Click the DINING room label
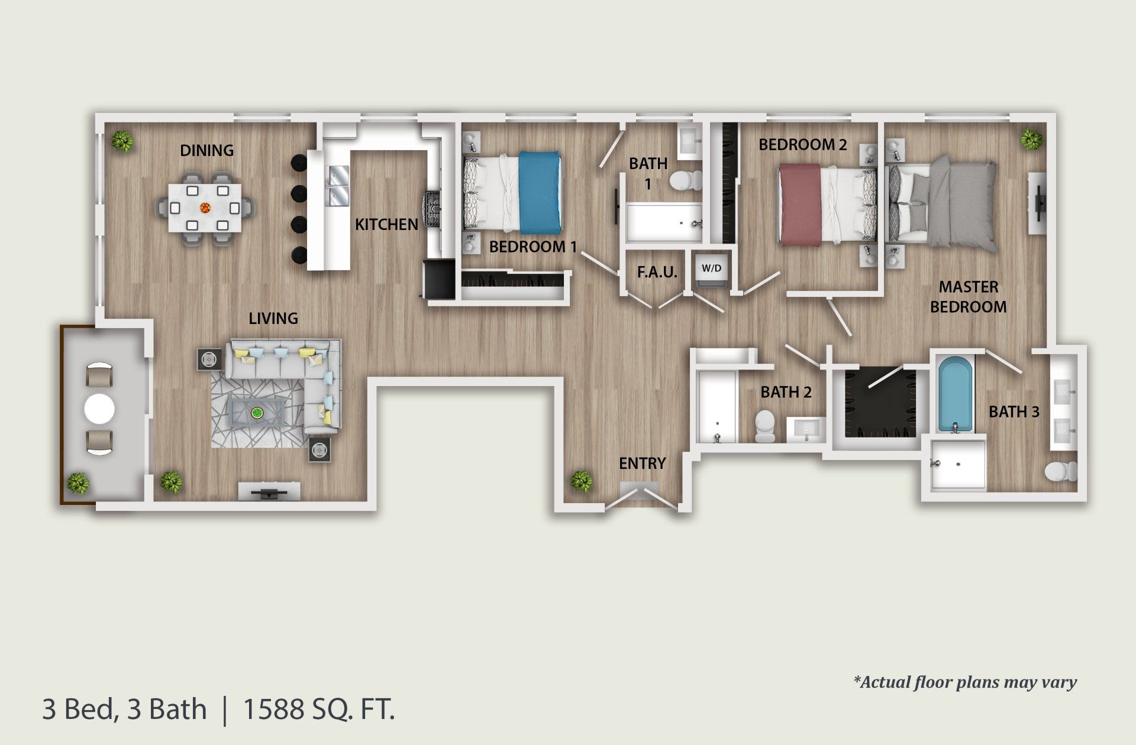[206, 150]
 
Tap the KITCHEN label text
[386, 224]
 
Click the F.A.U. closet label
[657, 272]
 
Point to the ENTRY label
[642, 463]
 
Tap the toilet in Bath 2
[765, 426]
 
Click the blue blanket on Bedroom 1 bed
[539, 192]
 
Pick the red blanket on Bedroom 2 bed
[799, 204]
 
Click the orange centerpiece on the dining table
[205, 208]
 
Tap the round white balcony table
[99, 409]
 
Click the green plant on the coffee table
[257, 413]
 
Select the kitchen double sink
[338, 186]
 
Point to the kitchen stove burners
[431, 209]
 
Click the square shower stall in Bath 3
[957, 465]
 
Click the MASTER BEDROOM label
[968, 297]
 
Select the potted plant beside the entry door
[582, 481]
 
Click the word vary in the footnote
[1060, 682]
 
